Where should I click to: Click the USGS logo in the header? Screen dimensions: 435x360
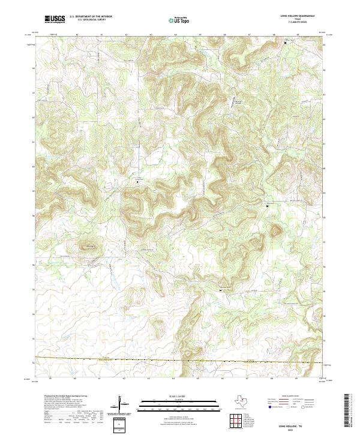click(x=55, y=20)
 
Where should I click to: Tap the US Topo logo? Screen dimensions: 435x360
click(x=180, y=20)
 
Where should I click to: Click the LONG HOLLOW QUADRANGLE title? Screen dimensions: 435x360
click(x=300, y=17)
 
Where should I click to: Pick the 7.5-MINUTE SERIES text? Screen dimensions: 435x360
click(x=300, y=23)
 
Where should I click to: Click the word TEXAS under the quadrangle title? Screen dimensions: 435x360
click(x=300, y=20)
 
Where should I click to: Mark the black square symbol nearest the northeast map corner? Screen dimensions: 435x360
click(x=285, y=43)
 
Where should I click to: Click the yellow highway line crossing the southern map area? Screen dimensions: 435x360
click(x=180, y=360)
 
